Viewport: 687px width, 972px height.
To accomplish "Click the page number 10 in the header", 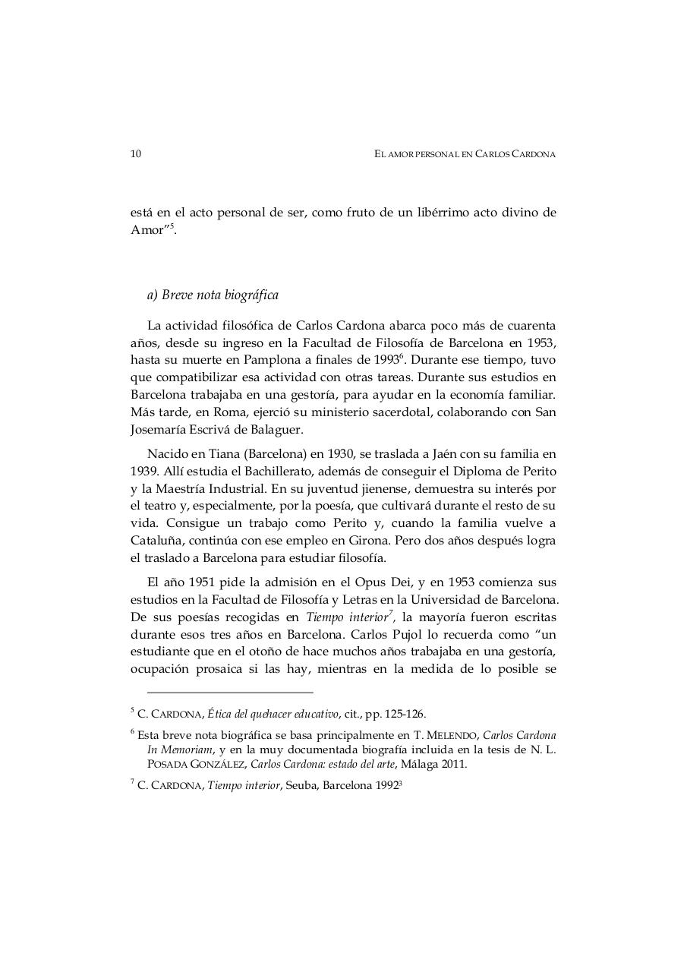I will point(136,154).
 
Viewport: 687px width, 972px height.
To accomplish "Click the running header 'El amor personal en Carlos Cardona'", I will point(465,154).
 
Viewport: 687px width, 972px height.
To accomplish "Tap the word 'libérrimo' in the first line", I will point(432,213).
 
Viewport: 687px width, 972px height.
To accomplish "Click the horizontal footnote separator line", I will point(229,692).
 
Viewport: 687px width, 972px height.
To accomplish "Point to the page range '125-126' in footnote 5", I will point(406,714).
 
